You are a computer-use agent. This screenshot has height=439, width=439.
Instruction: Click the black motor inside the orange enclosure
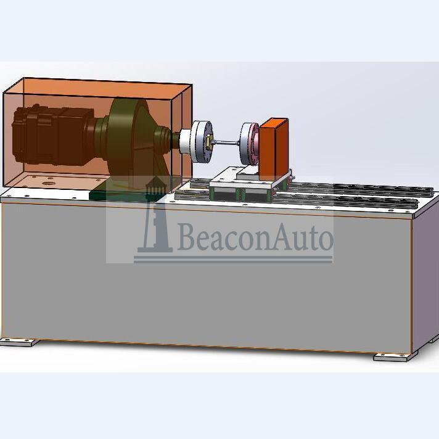(53, 134)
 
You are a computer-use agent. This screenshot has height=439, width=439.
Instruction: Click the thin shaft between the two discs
(226, 143)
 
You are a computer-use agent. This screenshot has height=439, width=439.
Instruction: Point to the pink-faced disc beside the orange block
(250, 143)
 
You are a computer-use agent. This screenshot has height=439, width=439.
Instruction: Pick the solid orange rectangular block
(274, 149)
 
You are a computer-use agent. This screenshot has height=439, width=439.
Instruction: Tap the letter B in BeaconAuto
(186, 237)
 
